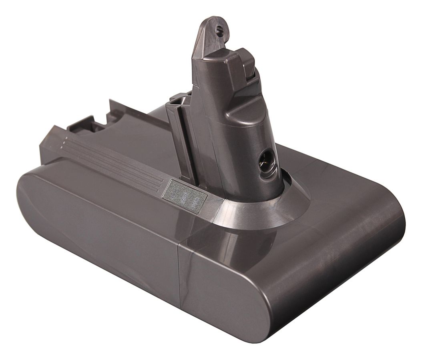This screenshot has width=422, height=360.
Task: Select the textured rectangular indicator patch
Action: point(185,196)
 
